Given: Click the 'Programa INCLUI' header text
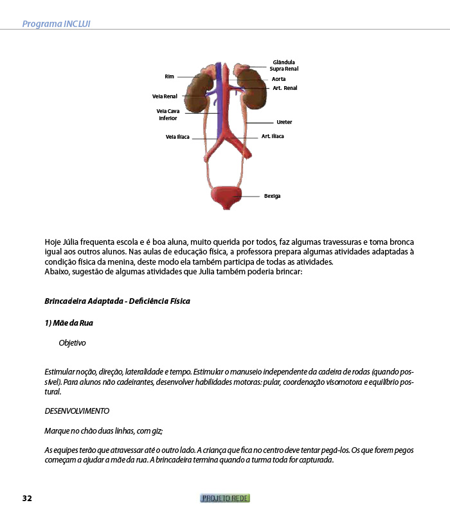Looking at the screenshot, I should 56,24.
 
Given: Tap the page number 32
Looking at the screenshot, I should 27,499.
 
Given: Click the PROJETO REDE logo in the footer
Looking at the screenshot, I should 225,498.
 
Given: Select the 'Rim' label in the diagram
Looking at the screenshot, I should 169,76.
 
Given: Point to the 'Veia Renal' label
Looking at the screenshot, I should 165,96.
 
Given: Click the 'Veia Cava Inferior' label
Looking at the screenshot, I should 168,114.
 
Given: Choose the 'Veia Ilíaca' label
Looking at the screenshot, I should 177,137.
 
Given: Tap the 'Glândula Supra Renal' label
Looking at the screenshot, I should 283,66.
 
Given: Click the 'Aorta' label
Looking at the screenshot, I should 278,79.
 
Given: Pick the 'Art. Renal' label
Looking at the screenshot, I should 285,88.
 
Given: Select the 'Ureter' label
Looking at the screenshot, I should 284,122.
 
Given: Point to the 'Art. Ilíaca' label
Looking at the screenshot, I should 273,136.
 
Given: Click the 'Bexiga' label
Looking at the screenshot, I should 272,196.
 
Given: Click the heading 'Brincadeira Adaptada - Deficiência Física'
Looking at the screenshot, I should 117,301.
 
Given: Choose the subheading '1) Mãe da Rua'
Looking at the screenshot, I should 69,323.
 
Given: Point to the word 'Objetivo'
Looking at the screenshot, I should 72,343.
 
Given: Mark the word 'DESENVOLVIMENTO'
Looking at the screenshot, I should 76,411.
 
